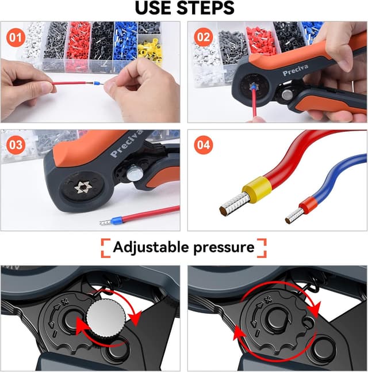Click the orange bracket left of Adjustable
(106, 248)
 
